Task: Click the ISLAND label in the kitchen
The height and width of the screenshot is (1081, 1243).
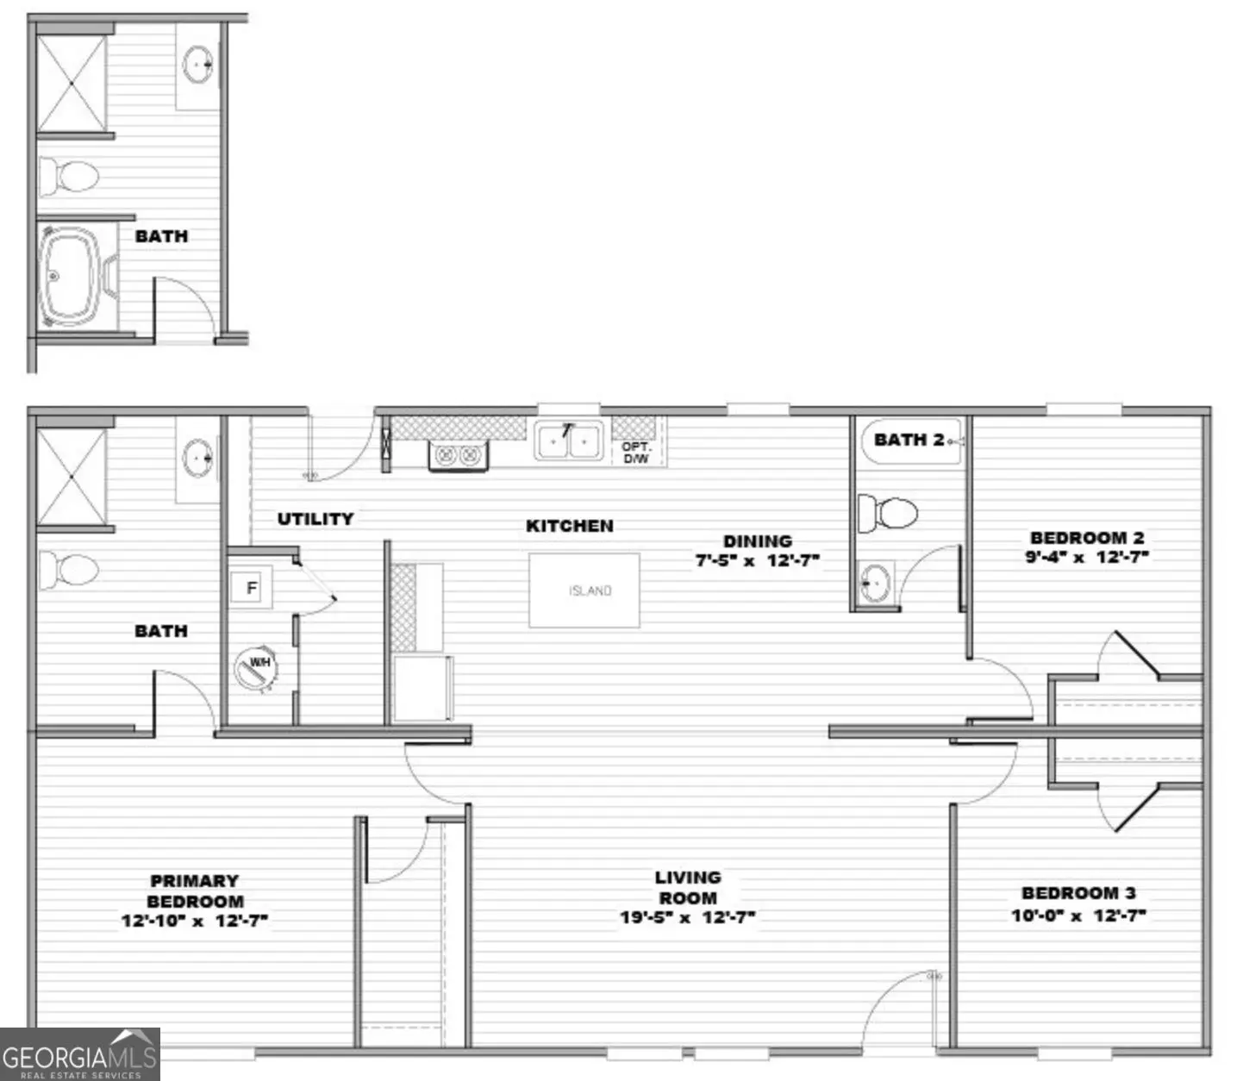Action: pyautogui.click(x=590, y=590)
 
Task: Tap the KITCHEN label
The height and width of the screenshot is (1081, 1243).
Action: pyautogui.click(x=569, y=526)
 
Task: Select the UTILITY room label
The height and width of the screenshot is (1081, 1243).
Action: pyautogui.click(x=315, y=519)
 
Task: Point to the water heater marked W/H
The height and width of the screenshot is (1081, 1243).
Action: pyautogui.click(x=256, y=668)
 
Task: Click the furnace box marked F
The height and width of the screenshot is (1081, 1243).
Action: pyautogui.click(x=251, y=588)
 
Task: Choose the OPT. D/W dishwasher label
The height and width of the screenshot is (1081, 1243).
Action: pyautogui.click(x=635, y=453)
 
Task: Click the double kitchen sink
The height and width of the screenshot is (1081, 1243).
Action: pyautogui.click(x=569, y=441)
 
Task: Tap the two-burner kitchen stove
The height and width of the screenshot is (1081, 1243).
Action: pyautogui.click(x=458, y=455)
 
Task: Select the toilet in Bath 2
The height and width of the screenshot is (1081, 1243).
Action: pyautogui.click(x=887, y=514)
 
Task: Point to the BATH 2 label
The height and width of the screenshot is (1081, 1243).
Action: pyautogui.click(x=909, y=440)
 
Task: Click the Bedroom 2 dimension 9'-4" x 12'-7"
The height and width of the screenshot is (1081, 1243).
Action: pyautogui.click(x=1087, y=557)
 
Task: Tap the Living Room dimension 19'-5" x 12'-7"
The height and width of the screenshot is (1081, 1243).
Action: pyautogui.click(x=687, y=917)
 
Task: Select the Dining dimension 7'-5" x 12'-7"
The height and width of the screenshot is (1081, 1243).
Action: pyautogui.click(x=758, y=559)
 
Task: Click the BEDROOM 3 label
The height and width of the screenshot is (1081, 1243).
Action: pyautogui.click(x=1078, y=892)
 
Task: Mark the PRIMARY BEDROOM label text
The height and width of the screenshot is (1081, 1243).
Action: pyautogui.click(x=195, y=890)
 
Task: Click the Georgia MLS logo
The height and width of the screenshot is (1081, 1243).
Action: pyautogui.click(x=79, y=1054)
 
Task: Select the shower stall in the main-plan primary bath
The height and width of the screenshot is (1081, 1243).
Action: pyautogui.click(x=72, y=477)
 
